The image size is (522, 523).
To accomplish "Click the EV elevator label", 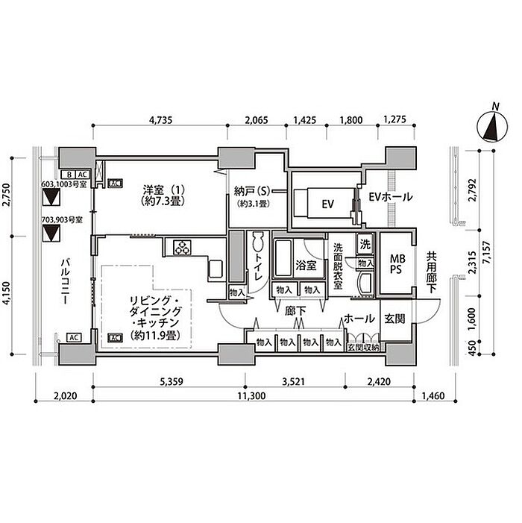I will pos(327,203).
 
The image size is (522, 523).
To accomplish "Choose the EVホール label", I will pos(391,198).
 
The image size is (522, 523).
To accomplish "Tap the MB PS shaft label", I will pos(395,265).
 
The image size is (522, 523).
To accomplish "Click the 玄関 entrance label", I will pos(394,319).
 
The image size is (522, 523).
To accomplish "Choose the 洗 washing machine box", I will pos(365,243).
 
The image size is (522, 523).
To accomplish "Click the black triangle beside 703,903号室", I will pos(51,234).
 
